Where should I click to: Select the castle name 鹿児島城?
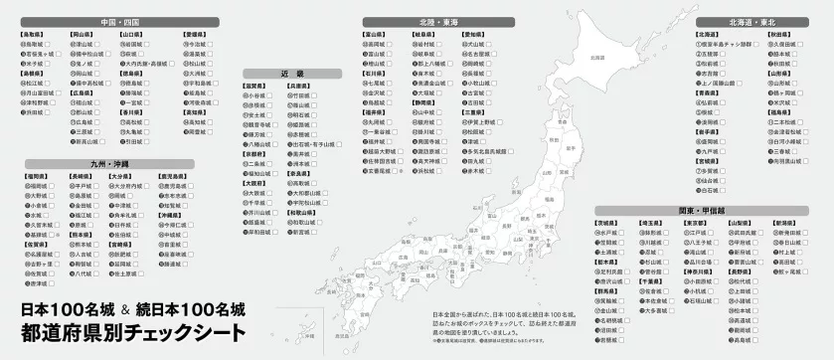(x=180, y=186)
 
